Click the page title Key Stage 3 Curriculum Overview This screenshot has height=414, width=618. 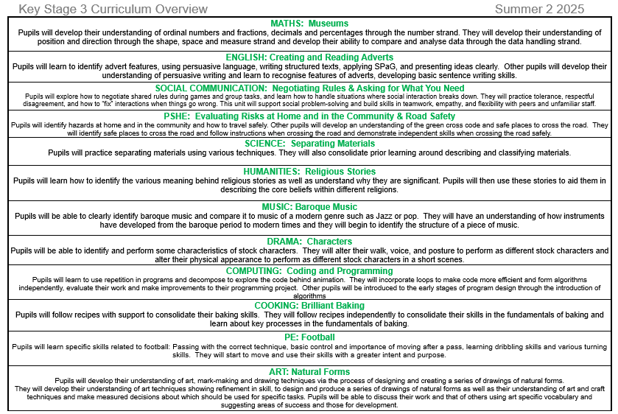[107, 9]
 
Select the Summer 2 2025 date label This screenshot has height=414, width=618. [539, 9]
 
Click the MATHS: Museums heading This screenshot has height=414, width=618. [309, 24]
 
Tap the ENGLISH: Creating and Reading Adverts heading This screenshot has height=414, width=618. [309, 57]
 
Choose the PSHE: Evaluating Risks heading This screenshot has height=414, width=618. [309, 116]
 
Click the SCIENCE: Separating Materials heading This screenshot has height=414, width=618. [309, 144]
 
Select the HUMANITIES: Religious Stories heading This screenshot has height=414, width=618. [309, 172]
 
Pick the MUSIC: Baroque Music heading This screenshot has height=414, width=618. [309, 207]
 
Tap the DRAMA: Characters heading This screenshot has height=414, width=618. [309, 242]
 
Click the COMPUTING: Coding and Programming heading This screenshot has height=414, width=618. [309, 271]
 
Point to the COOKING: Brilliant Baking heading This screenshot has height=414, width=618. [309, 305]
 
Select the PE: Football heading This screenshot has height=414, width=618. [309, 337]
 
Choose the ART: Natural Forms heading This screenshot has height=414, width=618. [309, 371]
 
